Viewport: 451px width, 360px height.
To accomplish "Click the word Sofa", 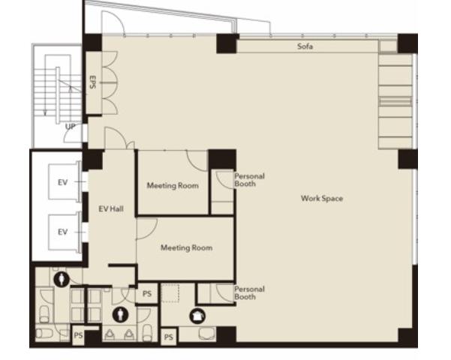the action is click(x=305, y=46).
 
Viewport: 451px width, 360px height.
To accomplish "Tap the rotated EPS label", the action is click(x=92, y=82).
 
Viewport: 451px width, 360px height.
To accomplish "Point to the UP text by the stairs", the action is click(x=71, y=127).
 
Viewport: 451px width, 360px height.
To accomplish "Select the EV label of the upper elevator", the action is click(x=63, y=182).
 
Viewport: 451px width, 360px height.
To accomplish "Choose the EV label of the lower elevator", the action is click(x=63, y=232).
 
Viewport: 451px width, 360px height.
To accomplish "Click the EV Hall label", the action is click(x=111, y=208).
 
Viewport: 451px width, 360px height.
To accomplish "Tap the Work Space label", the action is click(x=322, y=198).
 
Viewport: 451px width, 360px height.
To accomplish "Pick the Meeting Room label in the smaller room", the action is click(x=173, y=185).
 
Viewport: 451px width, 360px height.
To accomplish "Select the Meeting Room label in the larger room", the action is click(x=186, y=247).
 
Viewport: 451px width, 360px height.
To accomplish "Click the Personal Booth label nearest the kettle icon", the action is click(x=249, y=292).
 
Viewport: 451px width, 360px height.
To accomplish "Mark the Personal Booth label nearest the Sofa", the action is click(x=249, y=180).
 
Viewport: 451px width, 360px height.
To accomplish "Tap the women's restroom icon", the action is click(x=62, y=279).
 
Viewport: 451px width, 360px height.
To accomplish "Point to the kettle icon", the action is click(x=197, y=316).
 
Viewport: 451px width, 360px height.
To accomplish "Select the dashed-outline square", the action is click(x=170, y=293).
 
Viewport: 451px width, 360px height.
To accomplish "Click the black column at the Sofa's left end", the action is click(x=227, y=43).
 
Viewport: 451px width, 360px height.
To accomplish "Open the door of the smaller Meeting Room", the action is click(x=198, y=161).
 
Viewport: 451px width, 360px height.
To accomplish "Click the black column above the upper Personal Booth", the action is click(x=222, y=159).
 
